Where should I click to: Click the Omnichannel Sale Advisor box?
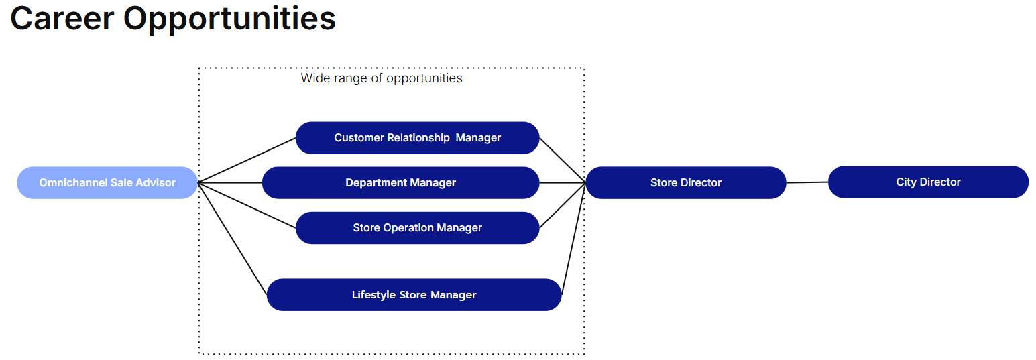tap(107, 182)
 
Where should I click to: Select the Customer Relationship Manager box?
tap(417, 137)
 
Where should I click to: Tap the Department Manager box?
tap(400, 182)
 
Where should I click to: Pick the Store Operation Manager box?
tap(417, 228)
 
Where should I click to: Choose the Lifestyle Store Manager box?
tap(414, 295)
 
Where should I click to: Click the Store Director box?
tap(686, 182)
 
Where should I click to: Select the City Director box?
tap(928, 182)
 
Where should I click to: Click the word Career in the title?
tap(62, 19)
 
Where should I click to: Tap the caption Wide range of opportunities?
tap(382, 78)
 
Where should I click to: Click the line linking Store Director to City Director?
tap(807, 182)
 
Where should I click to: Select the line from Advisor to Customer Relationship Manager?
tap(247, 160)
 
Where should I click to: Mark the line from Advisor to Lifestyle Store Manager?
tap(232, 239)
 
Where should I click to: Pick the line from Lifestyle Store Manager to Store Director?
tap(573, 239)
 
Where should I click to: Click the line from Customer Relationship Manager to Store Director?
tap(563, 160)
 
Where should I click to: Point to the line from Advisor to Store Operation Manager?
tap(247, 205)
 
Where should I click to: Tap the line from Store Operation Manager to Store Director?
tap(563, 205)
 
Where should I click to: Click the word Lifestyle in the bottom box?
tap(373, 295)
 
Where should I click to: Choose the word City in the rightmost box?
tap(906, 182)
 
